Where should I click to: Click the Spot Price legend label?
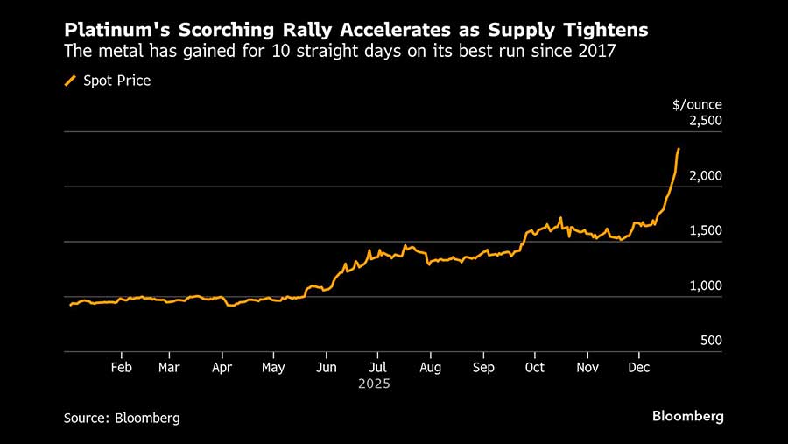point(117,81)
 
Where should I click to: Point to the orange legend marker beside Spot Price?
point(70,81)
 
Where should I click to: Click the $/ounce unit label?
point(697,104)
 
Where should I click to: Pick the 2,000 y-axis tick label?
point(706,176)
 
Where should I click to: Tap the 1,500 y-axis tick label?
point(706,230)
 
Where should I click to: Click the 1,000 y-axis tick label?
point(706,285)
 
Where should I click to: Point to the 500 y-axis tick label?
point(711,340)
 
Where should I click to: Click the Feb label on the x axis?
point(122,367)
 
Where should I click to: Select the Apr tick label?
point(223,367)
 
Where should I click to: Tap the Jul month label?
point(377,367)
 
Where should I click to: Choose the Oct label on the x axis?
point(534,367)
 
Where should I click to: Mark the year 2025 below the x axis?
point(375,384)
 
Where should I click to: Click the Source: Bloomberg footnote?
point(122,418)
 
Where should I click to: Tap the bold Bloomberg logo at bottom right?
point(688,417)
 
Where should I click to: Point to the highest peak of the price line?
point(679,149)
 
